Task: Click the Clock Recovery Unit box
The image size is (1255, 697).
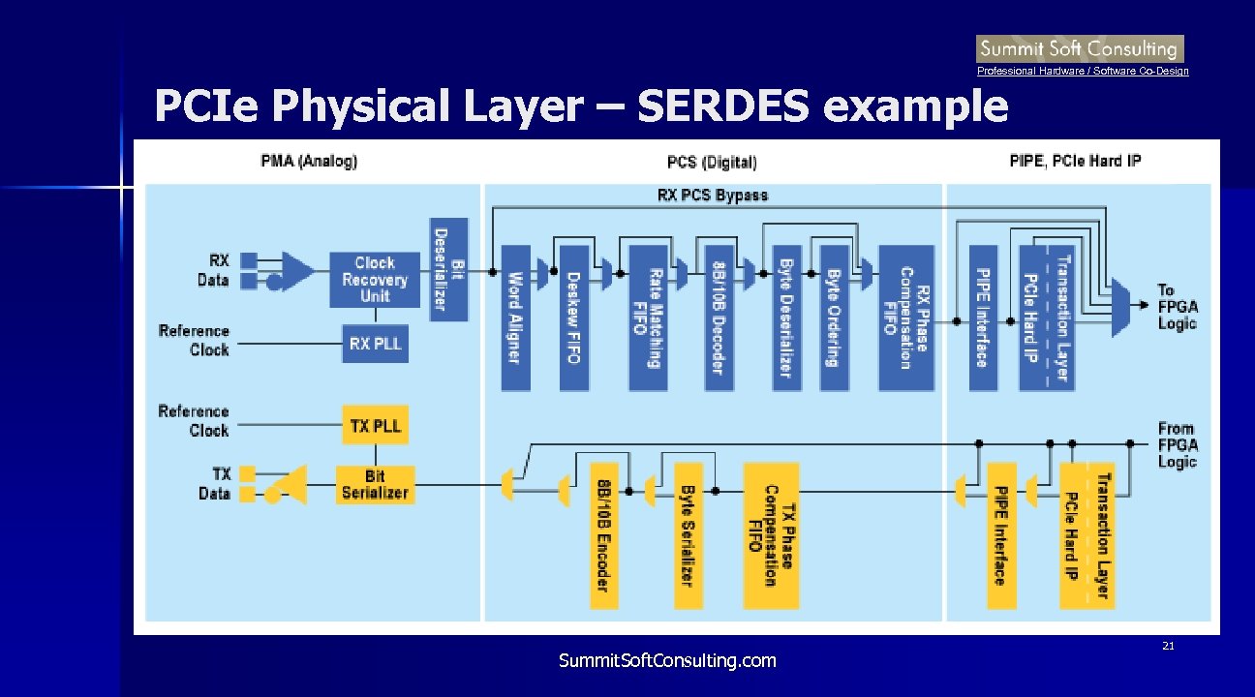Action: click(374, 280)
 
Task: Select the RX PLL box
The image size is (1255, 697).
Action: click(374, 345)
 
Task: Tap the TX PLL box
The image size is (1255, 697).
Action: click(374, 426)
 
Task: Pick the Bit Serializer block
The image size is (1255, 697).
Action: click(374, 484)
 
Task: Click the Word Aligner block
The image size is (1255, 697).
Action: click(515, 318)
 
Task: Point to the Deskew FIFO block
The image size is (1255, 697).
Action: click(573, 318)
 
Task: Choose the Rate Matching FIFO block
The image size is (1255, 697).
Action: click(646, 318)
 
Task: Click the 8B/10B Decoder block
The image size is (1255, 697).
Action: click(717, 318)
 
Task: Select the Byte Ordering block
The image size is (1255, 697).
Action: click(833, 318)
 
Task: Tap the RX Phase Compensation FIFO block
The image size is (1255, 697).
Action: click(905, 318)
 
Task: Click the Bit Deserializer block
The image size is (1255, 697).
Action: click(448, 269)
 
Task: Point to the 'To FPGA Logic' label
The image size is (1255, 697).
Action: click(1177, 307)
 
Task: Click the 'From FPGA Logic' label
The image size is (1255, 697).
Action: click(1177, 445)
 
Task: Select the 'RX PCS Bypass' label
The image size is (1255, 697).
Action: click(713, 196)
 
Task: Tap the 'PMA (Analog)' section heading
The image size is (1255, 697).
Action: click(309, 161)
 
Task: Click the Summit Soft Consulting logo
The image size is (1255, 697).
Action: click(1080, 48)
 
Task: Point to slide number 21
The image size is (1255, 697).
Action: click(1168, 646)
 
